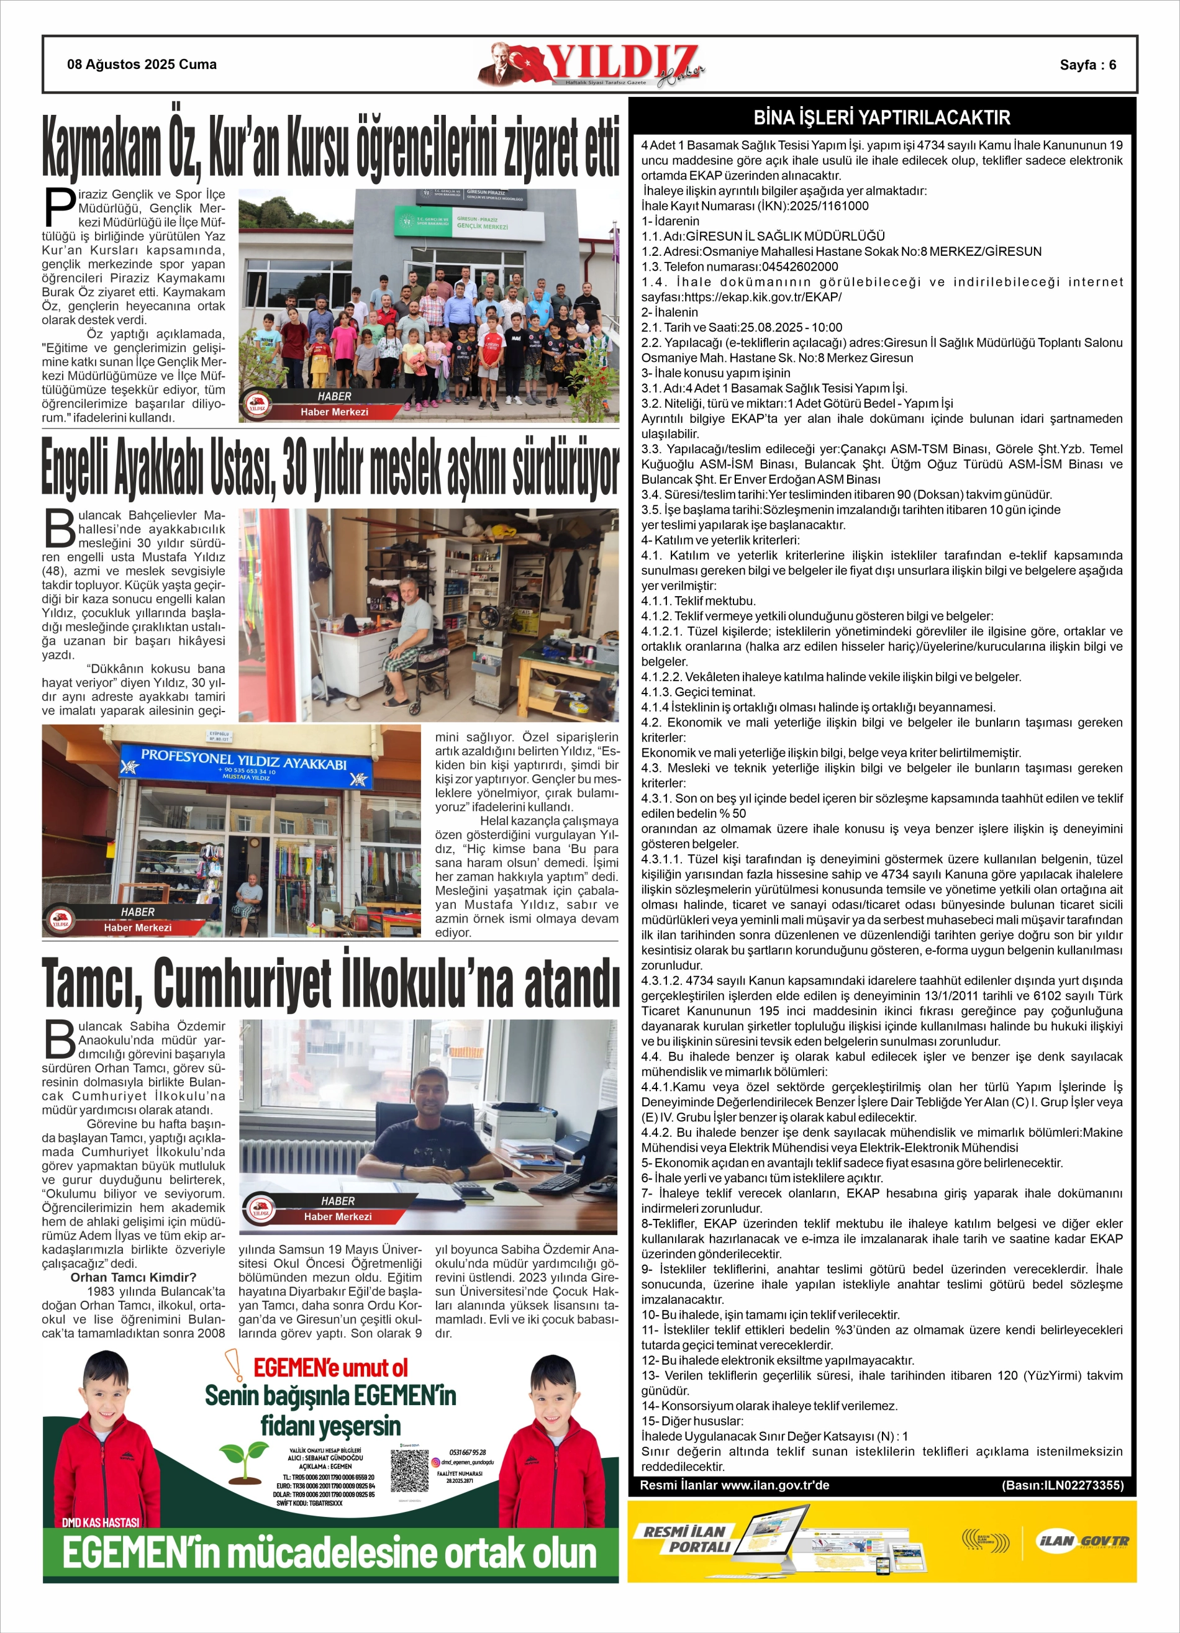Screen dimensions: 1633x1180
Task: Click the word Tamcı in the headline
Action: point(91,984)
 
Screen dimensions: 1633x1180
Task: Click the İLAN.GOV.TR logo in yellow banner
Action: point(1081,1542)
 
